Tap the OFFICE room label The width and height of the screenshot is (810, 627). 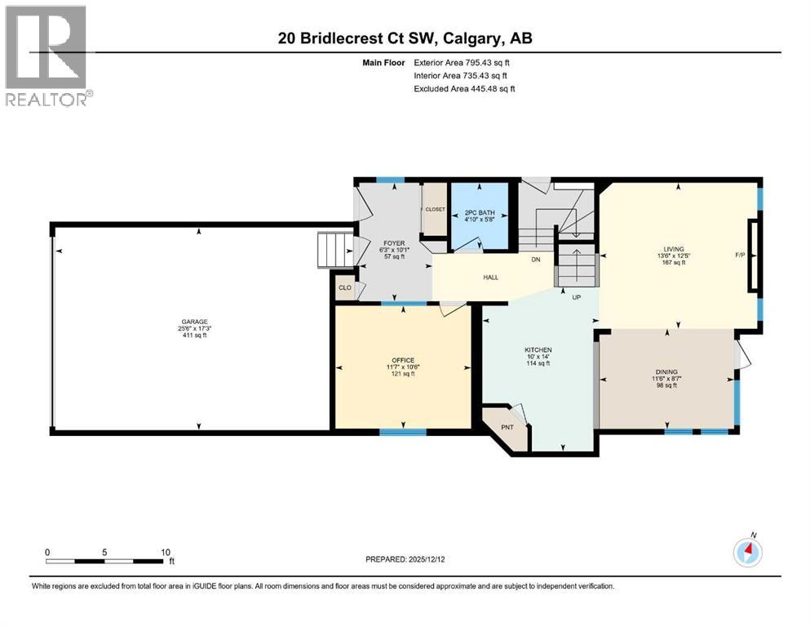pos(403,360)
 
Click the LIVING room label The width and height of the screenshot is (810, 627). pos(673,249)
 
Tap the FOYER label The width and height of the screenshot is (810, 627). pos(394,242)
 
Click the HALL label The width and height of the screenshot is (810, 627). pos(490,278)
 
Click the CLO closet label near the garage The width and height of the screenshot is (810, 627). pos(345,287)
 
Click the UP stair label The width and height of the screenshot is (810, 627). pos(576,297)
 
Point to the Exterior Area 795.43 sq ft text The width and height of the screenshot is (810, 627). pos(463,62)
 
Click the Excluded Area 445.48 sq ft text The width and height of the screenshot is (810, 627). pos(464,88)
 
